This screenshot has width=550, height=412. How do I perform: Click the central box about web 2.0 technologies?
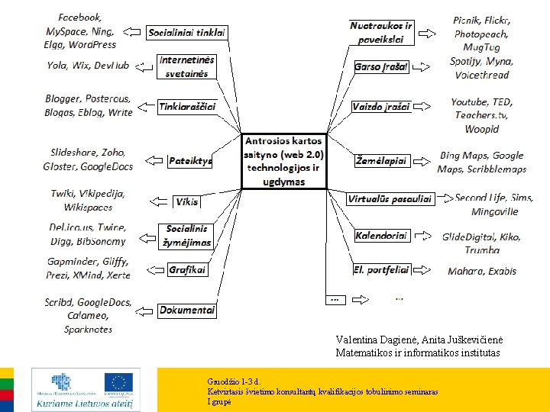click(284, 162)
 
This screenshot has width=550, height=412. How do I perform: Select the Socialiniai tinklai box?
click(187, 33)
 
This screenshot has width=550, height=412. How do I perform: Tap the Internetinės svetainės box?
click(187, 66)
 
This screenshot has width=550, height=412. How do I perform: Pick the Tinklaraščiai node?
click(187, 107)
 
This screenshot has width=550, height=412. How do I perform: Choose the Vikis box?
click(187, 202)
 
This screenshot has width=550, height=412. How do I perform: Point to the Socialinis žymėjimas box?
click(187, 235)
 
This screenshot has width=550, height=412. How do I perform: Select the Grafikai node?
click(188, 269)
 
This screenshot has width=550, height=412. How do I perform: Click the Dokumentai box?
click(187, 310)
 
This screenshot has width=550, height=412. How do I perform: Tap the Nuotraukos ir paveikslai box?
click(381, 32)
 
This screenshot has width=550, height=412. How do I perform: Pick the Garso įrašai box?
click(382, 67)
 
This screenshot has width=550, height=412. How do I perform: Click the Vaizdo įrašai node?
click(381, 107)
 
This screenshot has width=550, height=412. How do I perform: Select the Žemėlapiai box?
click(382, 161)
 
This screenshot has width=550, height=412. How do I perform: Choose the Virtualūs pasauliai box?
click(390, 199)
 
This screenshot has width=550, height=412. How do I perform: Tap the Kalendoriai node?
click(382, 236)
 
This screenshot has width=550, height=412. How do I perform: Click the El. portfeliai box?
click(381, 269)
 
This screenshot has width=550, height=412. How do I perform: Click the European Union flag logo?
click(118, 381)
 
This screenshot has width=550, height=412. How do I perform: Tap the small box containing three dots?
click(334, 298)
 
